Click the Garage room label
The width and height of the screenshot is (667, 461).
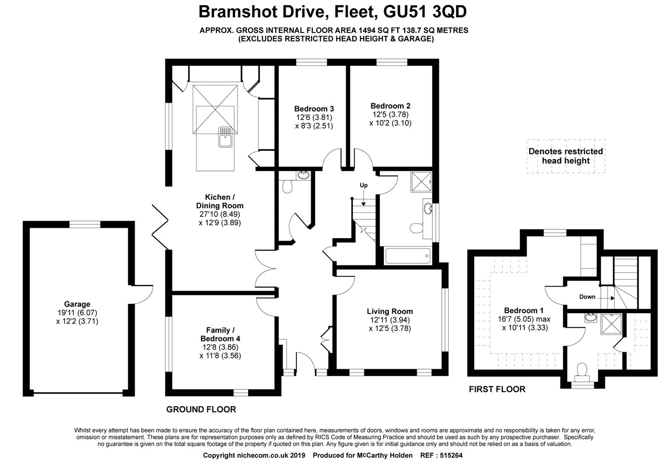[77, 304]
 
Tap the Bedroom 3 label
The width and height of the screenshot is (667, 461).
[314, 109]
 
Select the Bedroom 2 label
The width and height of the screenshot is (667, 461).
[390, 106]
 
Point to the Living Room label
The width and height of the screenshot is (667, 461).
[390, 311]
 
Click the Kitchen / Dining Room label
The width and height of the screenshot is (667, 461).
[220, 201]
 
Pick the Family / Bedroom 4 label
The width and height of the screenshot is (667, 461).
[220, 335]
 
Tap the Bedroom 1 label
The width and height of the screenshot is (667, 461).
[524, 310]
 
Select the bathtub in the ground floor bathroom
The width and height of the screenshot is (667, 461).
[408, 255]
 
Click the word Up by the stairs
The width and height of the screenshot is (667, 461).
[364, 185]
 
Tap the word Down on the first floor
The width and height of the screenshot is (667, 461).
[587, 297]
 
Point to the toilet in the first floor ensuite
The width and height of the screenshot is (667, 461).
[582, 370]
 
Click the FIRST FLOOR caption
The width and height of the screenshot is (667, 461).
[497, 389]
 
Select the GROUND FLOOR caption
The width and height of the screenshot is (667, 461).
[201, 409]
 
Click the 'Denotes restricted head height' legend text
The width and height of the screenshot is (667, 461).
[566, 156]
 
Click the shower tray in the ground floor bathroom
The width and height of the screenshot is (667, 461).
[421, 182]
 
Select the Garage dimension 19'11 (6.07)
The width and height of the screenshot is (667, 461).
[77, 313]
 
